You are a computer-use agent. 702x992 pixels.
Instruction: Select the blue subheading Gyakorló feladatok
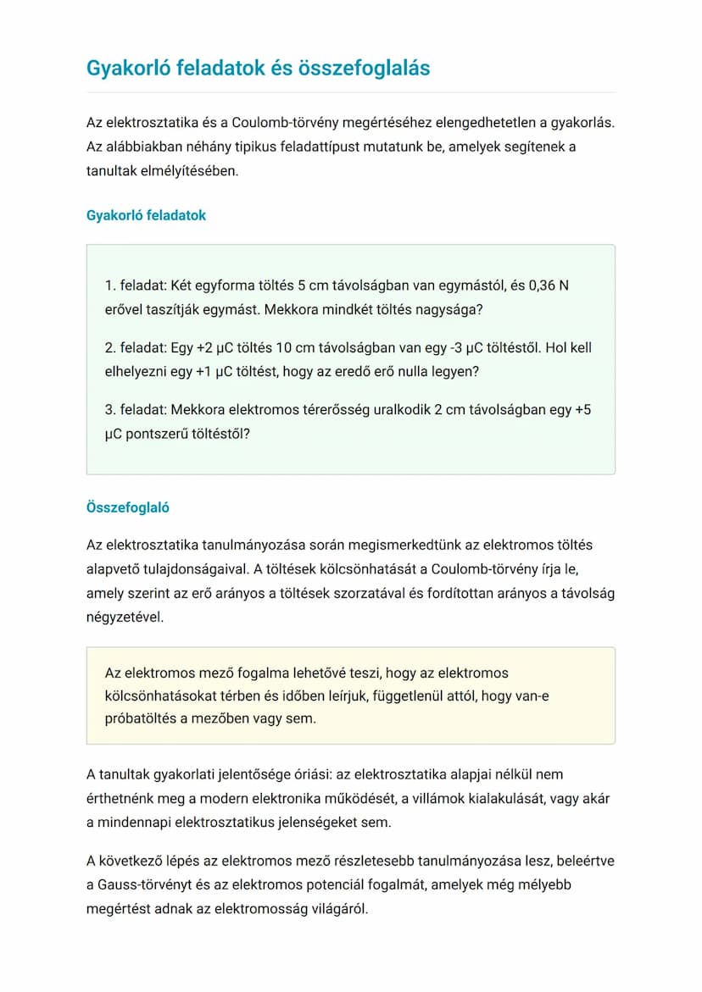tap(146, 215)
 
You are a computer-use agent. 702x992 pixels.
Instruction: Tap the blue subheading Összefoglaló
tap(128, 507)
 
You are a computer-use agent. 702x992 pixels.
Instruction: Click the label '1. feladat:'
tap(136, 285)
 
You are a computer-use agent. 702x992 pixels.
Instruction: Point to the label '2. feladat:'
tap(136, 347)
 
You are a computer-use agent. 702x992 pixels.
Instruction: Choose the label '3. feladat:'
tap(136, 410)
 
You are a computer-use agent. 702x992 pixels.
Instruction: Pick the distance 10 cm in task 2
tap(303, 347)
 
